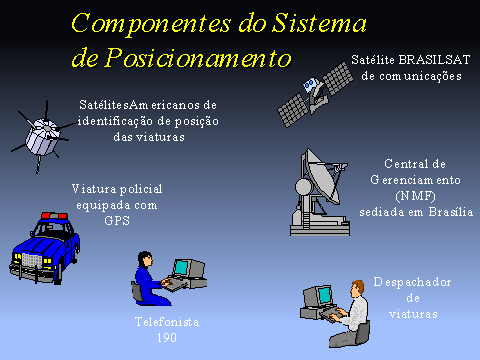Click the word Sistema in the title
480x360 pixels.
(x=319, y=23)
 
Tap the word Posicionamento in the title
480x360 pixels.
(x=198, y=57)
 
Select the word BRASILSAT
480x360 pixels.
(x=434, y=60)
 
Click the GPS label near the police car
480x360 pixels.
(x=117, y=221)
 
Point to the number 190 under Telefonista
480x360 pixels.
(x=167, y=338)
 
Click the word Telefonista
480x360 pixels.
(x=167, y=322)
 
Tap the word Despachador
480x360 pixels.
(x=412, y=282)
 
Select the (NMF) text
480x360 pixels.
(x=415, y=196)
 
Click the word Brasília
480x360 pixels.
(x=451, y=212)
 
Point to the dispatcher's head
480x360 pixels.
(x=357, y=288)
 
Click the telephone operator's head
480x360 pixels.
(x=145, y=259)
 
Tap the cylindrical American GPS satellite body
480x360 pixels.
(x=42, y=137)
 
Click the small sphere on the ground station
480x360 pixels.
(x=304, y=187)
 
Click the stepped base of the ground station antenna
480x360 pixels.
(x=320, y=227)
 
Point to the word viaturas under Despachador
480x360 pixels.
(x=413, y=314)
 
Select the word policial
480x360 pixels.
(x=141, y=189)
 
